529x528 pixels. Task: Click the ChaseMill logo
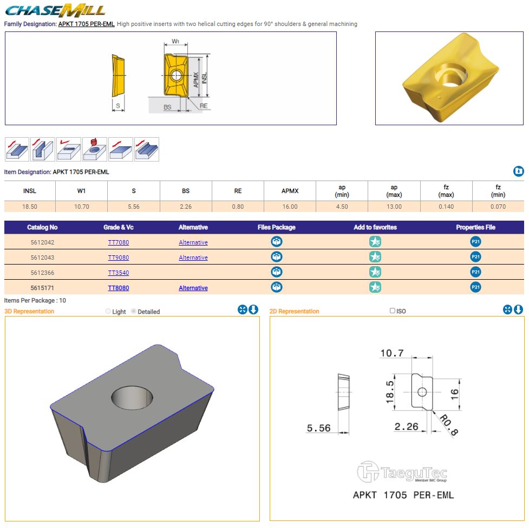coord(55,10)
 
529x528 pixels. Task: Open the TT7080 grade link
coord(119,242)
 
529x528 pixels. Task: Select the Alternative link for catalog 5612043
coord(193,257)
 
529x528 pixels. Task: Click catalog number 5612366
coord(42,273)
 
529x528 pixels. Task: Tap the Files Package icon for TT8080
coord(277,287)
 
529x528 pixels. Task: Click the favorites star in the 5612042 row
coord(375,242)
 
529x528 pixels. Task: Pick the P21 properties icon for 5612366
coord(475,272)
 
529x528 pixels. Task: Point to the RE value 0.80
coord(238,207)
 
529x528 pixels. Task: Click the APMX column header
coord(290,191)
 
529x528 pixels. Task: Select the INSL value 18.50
coord(30,207)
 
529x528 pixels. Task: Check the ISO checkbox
coord(392,311)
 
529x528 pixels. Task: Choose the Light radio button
coord(108,311)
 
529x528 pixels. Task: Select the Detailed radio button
coord(134,311)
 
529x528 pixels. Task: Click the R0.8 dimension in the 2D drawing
coord(449,424)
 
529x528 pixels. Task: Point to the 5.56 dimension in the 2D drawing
coord(318,428)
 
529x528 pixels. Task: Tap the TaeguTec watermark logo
coord(402,472)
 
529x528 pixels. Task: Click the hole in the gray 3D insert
coord(132,397)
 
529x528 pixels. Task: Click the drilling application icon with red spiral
coord(95,149)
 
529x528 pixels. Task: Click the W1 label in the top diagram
coord(175,41)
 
